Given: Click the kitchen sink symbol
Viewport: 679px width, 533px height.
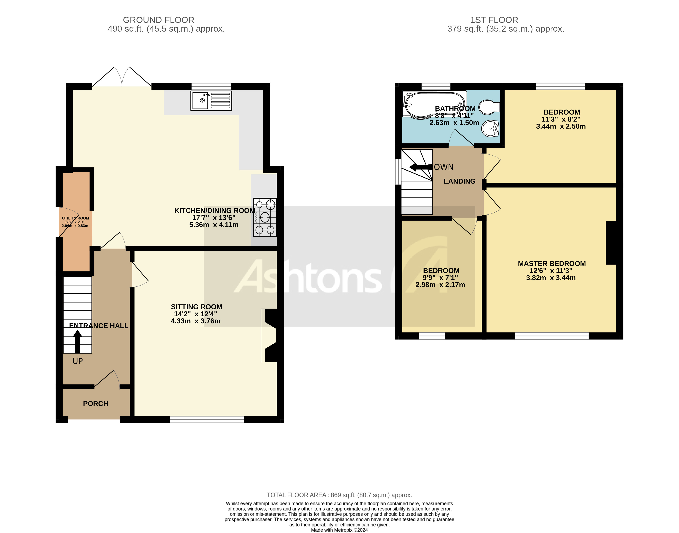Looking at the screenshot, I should [x=211, y=100].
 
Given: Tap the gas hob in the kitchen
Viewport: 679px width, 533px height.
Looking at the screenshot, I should [x=265, y=217].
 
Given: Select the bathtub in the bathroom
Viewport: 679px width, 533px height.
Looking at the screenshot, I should [x=434, y=104].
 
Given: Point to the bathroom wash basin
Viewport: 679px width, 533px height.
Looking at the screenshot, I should [x=490, y=129].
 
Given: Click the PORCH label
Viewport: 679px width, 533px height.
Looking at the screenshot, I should [x=95, y=404].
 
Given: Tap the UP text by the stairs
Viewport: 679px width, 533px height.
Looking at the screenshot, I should [x=78, y=361].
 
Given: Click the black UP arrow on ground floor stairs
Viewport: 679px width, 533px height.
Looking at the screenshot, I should [x=77, y=341].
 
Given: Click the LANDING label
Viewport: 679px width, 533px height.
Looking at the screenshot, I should [x=459, y=181].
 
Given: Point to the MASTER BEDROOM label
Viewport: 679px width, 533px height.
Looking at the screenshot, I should [x=551, y=264].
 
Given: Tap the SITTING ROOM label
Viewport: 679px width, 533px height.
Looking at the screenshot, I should [x=196, y=307].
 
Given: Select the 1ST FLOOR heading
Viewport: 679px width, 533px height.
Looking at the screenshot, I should [x=494, y=20].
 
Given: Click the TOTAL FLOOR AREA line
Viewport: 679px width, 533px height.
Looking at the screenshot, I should [x=339, y=495].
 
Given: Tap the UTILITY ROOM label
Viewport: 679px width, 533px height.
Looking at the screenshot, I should [x=76, y=218].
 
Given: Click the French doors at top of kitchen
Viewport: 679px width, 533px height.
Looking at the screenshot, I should [x=122, y=77].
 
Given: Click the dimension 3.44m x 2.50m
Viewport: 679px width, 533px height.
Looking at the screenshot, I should [x=561, y=126].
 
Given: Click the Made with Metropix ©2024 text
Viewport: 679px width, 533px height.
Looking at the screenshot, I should [x=339, y=530].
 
